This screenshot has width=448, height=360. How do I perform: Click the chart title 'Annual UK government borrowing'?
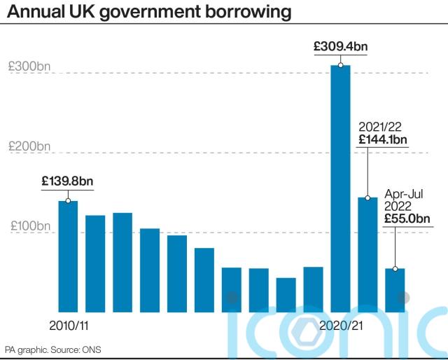tap(149, 12)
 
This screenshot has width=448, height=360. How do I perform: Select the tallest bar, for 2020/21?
tap(340, 188)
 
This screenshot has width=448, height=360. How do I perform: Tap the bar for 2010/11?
tap(68, 256)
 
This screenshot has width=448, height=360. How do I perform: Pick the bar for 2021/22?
tap(367, 255)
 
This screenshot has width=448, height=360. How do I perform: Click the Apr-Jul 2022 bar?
tap(395, 290)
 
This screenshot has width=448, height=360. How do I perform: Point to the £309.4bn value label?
tap(341, 46)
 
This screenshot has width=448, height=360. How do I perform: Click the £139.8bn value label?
tap(67, 181)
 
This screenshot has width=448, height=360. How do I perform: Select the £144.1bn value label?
tap(383, 139)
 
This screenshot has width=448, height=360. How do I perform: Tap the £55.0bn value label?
tap(407, 219)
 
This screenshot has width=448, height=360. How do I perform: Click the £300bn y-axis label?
tap(29, 67)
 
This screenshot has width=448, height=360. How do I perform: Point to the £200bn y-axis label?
tap(29, 146)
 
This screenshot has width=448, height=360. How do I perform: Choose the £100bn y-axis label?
tap(30, 226)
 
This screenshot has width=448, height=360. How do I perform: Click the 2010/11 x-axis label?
tap(69, 326)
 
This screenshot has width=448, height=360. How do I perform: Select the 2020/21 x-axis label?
tap(341, 326)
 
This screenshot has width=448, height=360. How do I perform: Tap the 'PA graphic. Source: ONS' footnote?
tap(53, 349)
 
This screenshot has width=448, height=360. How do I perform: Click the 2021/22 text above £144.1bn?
tap(380, 127)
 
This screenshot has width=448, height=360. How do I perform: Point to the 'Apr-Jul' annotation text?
tap(403, 194)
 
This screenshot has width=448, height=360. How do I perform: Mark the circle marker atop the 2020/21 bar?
tap(340, 65)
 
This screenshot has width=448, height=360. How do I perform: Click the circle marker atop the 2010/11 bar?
tap(68, 201)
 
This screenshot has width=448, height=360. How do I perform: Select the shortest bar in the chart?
tap(286, 295)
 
